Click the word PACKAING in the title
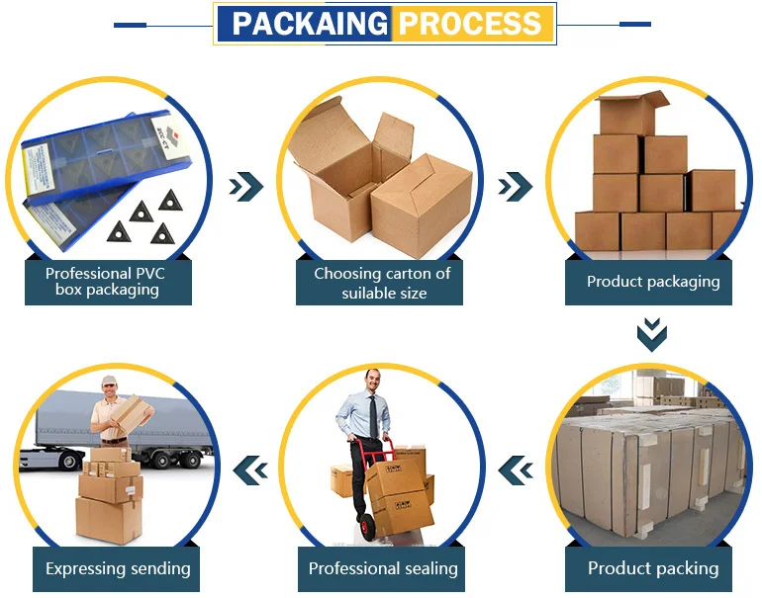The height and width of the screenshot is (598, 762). coord(310,24)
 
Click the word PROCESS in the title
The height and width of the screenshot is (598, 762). coord(469,24)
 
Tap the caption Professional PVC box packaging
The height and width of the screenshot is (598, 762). coord(106,282)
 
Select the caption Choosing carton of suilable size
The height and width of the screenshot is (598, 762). coord(382,283)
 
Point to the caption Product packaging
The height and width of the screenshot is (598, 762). coord(653,282)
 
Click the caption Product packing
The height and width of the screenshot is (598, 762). coord(653,568)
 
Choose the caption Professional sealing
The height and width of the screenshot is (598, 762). coord(383,568)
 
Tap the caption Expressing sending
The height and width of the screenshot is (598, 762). coord(118,569)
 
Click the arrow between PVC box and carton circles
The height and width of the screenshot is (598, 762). coord(245,187)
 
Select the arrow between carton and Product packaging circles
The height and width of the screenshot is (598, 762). coord(516,187)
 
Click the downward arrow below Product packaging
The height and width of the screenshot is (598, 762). coord(652,334)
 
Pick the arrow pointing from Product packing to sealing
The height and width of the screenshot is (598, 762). coord(516,470)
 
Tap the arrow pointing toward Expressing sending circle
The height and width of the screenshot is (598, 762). coord(250,470)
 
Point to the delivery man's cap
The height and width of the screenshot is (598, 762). coord(110,381)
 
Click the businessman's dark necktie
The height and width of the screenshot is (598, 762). coord(373,417)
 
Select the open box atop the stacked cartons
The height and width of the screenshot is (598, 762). coord(631,113)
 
